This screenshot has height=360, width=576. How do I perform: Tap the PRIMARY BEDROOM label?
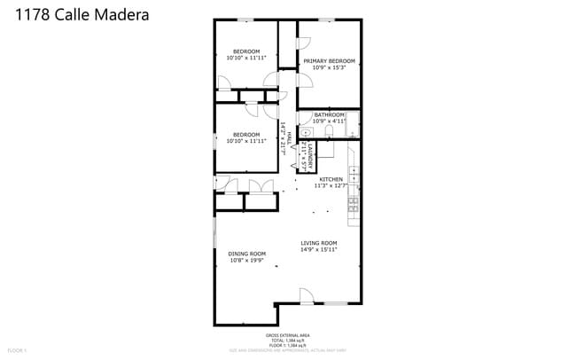[329, 61]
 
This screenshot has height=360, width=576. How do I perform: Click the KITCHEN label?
[331, 179]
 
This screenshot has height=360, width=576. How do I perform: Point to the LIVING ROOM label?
[318, 243]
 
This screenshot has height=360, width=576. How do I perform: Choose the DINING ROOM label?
[246, 254]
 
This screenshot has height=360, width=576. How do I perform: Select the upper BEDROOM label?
[245, 51]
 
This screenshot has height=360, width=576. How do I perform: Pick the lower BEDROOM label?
[245, 135]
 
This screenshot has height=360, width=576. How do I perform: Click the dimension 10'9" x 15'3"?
[329, 68]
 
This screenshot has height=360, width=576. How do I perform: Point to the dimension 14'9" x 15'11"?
[318, 250]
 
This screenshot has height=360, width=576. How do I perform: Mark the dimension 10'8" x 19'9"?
[246, 261]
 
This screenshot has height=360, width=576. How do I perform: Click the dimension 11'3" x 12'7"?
[331, 185]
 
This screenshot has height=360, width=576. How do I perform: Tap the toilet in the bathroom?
[329, 131]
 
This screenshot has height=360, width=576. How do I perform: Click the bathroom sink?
[306, 131]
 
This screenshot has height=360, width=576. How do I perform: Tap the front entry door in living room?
[306, 296]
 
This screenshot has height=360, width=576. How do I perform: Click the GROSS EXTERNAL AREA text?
[287, 335]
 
